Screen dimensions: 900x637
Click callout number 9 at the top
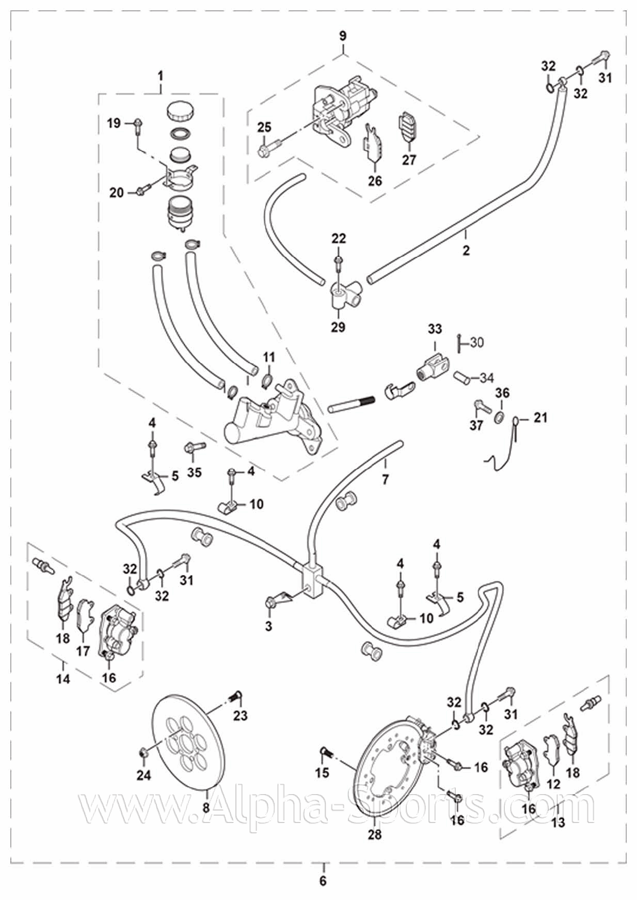pyautogui.click(x=343, y=36)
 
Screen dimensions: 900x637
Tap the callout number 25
pyautogui.click(x=264, y=128)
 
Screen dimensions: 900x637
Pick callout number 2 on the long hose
pyautogui.click(x=466, y=251)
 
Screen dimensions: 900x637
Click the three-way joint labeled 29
pyautogui.click(x=340, y=298)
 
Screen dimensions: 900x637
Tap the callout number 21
pyautogui.click(x=540, y=417)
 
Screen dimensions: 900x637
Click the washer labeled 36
pyautogui.click(x=500, y=416)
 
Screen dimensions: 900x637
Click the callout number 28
pyautogui.click(x=375, y=834)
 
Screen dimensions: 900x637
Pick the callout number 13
pyautogui.click(x=559, y=821)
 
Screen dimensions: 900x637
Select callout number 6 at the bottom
pyautogui.click(x=323, y=881)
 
